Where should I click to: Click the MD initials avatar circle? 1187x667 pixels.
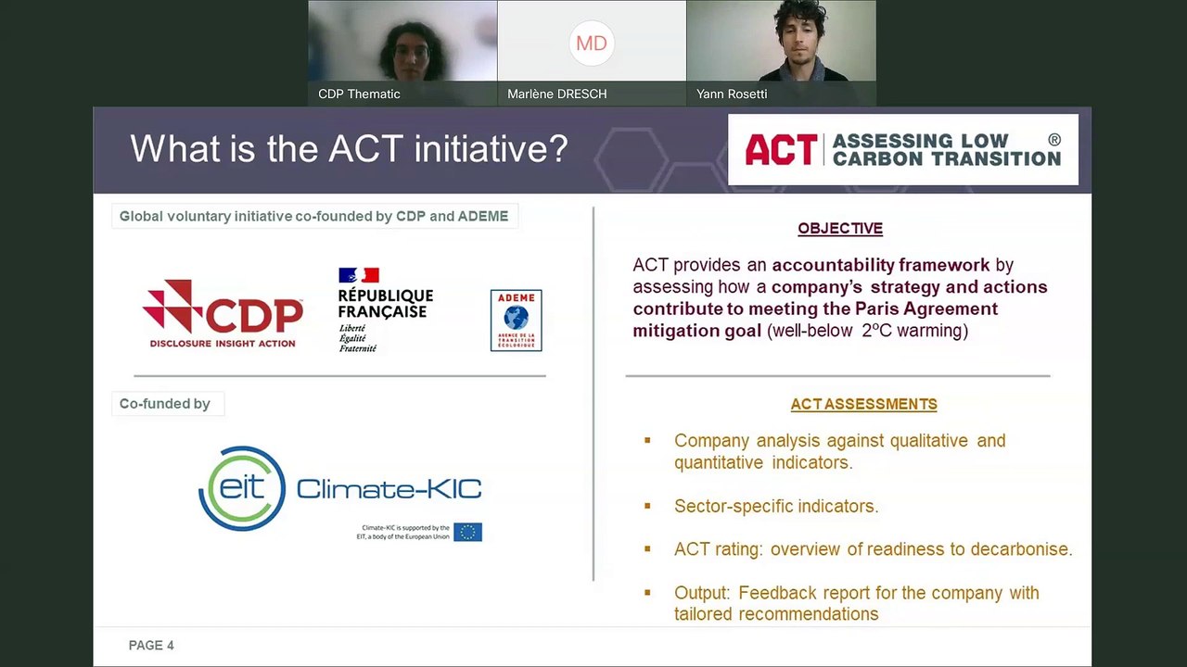pyautogui.click(x=592, y=43)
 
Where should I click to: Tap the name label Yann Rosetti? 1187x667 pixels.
pyautogui.click(x=732, y=94)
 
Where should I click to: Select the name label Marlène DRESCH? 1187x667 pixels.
pyautogui.click(x=556, y=94)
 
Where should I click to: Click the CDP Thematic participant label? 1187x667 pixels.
pyautogui.click(x=359, y=94)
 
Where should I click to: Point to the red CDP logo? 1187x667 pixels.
pyautogui.click(x=223, y=313)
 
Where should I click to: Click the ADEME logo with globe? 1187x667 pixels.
pyautogui.click(x=516, y=321)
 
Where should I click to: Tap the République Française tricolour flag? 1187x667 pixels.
pyautogui.click(x=359, y=275)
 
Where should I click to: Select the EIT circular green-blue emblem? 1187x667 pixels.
pyautogui.click(x=242, y=488)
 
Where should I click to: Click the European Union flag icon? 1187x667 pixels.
pyautogui.click(x=467, y=532)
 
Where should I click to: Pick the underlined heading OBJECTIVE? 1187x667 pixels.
pyautogui.click(x=840, y=228)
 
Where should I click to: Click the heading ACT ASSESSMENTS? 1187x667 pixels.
pyautogui.click(x=863, y=404)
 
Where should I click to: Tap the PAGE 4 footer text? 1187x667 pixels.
pyautogui.click(x=151, y=645)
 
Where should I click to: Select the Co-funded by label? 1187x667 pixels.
pyautogui.click(x=165, y=404)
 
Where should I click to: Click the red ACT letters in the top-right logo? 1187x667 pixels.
pyautogui.click(x=781, y=150)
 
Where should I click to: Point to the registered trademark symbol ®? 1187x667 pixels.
pyautogui.click(x=1053, y=139)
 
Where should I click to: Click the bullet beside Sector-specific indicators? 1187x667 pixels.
pyautogui.click(x=647, y=506)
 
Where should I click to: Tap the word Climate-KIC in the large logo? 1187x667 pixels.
pyautogui.click(x=389, y=488)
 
